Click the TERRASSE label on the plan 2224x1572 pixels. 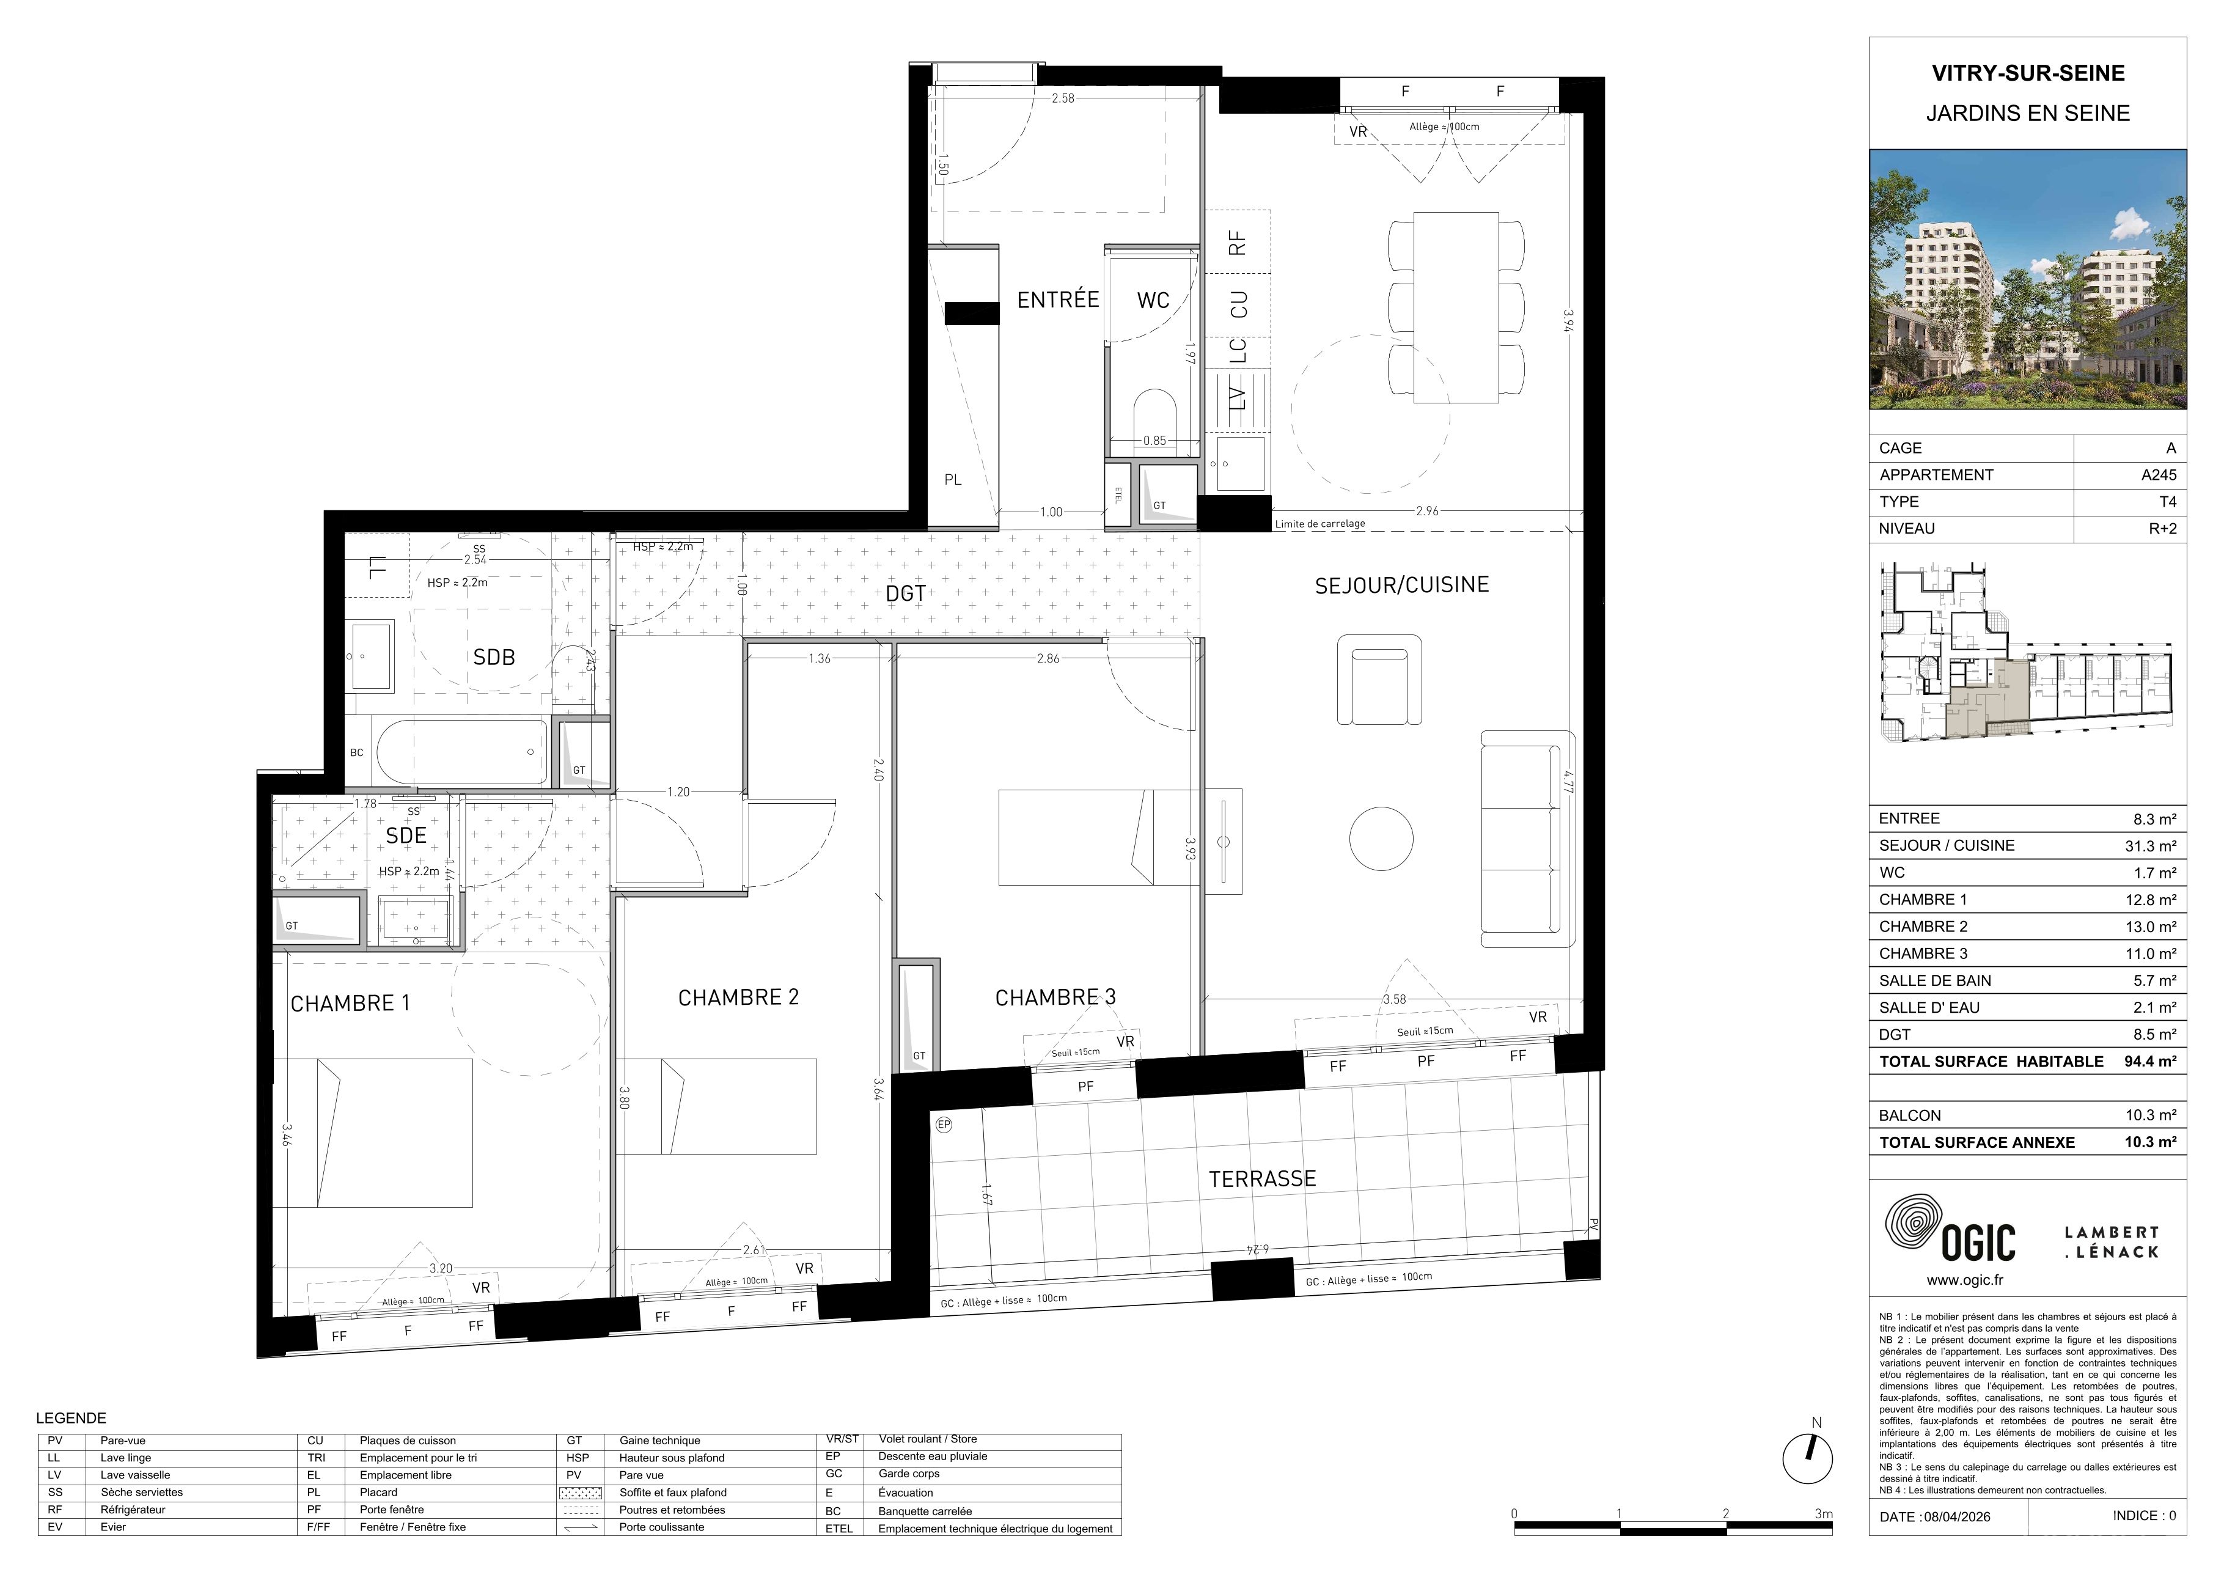pos(1262,1179)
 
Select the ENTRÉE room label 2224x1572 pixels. pos(1058,299)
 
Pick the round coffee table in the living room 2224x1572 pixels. pos(1381,838)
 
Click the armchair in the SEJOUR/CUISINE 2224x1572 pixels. pos(1379,680)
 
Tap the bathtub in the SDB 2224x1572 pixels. pos(461,752)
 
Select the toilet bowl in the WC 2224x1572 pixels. pos(1154,421)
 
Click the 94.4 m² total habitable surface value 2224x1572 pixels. pos(2151,1062)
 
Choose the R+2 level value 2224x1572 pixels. pos(2162,529)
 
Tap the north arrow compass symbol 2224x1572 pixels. pos(1807,1459)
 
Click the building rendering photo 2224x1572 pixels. pos(2027,279)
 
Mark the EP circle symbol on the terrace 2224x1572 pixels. pos(944,1125)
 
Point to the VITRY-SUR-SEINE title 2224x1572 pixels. pos(2027,73)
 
